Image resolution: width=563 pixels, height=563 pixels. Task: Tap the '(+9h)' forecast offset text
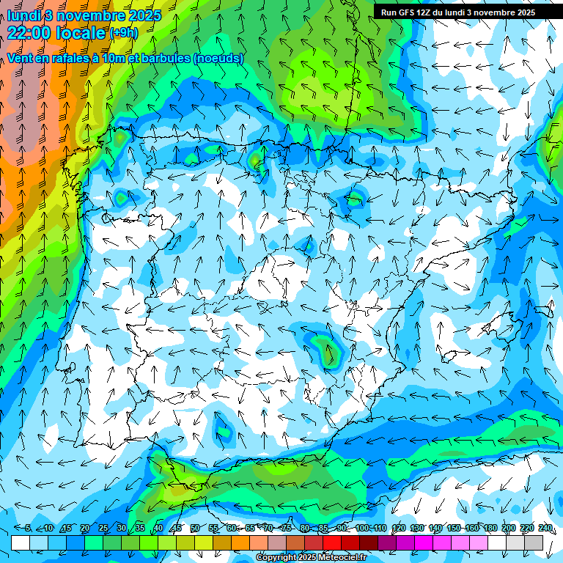coord(123,32)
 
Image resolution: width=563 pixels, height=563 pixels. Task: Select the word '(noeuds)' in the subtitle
coord(218,59)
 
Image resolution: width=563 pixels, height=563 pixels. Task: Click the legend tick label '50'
coord(194,528)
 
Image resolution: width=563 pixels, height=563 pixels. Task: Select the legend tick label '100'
coord(362,528)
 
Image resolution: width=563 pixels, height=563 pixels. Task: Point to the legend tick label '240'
coord(545,528)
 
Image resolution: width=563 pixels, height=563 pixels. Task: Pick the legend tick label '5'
coord(28,528)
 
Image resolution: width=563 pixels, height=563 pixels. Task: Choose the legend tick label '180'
coord(490,528)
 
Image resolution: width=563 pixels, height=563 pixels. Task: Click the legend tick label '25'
coord(103,528)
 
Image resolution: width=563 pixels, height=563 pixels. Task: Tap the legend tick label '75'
coord(287,528)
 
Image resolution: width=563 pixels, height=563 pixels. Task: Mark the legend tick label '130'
coord(417,528)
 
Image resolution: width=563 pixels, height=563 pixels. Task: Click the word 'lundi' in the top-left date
coord(23,15)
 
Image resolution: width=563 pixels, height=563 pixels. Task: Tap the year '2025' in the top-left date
coord(146,15)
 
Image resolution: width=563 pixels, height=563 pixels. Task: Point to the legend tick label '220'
coord(527,528)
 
